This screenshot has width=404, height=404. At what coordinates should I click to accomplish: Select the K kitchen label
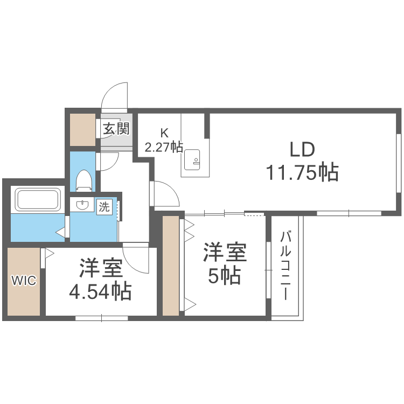(164, 132)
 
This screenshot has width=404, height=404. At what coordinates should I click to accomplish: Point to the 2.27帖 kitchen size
(164, 147)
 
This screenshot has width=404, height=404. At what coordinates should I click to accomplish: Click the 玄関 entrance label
(116, 129)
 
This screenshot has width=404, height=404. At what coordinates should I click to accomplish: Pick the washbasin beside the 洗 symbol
(83, 205)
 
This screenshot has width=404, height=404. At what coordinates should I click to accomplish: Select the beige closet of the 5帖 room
(170, 266)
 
